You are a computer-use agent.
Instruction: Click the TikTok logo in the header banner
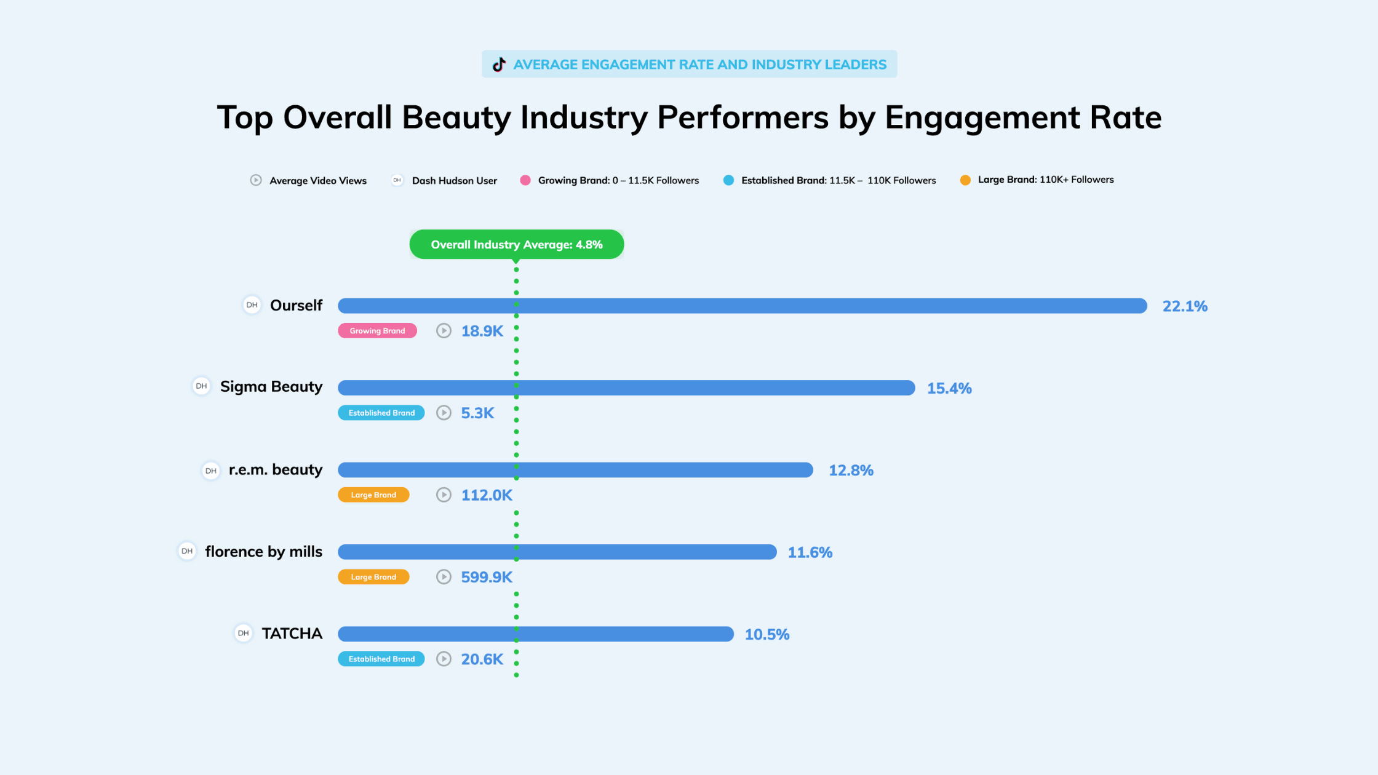[499, 65]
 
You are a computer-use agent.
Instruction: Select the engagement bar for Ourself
[742, 306]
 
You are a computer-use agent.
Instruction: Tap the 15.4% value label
[949, 388]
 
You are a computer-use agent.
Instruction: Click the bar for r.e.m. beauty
[575, 470]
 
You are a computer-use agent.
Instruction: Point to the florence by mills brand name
[263, 552]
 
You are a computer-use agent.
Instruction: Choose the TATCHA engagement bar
[535, 634]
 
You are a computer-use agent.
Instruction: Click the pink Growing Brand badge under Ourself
[377, 331]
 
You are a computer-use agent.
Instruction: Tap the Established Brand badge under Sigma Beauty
[381, 413]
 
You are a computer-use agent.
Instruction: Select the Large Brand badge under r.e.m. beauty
[373, 495]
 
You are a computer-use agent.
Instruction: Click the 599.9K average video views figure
[486, 577]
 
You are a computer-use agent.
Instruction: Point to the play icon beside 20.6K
[444, 659]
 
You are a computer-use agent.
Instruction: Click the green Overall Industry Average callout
[516, 245]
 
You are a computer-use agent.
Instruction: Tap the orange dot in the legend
[965, 180]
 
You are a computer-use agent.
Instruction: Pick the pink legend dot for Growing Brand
[525, 180]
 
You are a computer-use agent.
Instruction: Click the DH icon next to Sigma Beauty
[201, 386]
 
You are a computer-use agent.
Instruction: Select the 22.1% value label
[1184, 306]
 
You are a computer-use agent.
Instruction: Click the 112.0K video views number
[486, 495]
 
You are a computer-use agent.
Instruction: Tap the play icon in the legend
[256, 180]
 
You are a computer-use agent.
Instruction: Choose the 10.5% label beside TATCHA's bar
[767, 634]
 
